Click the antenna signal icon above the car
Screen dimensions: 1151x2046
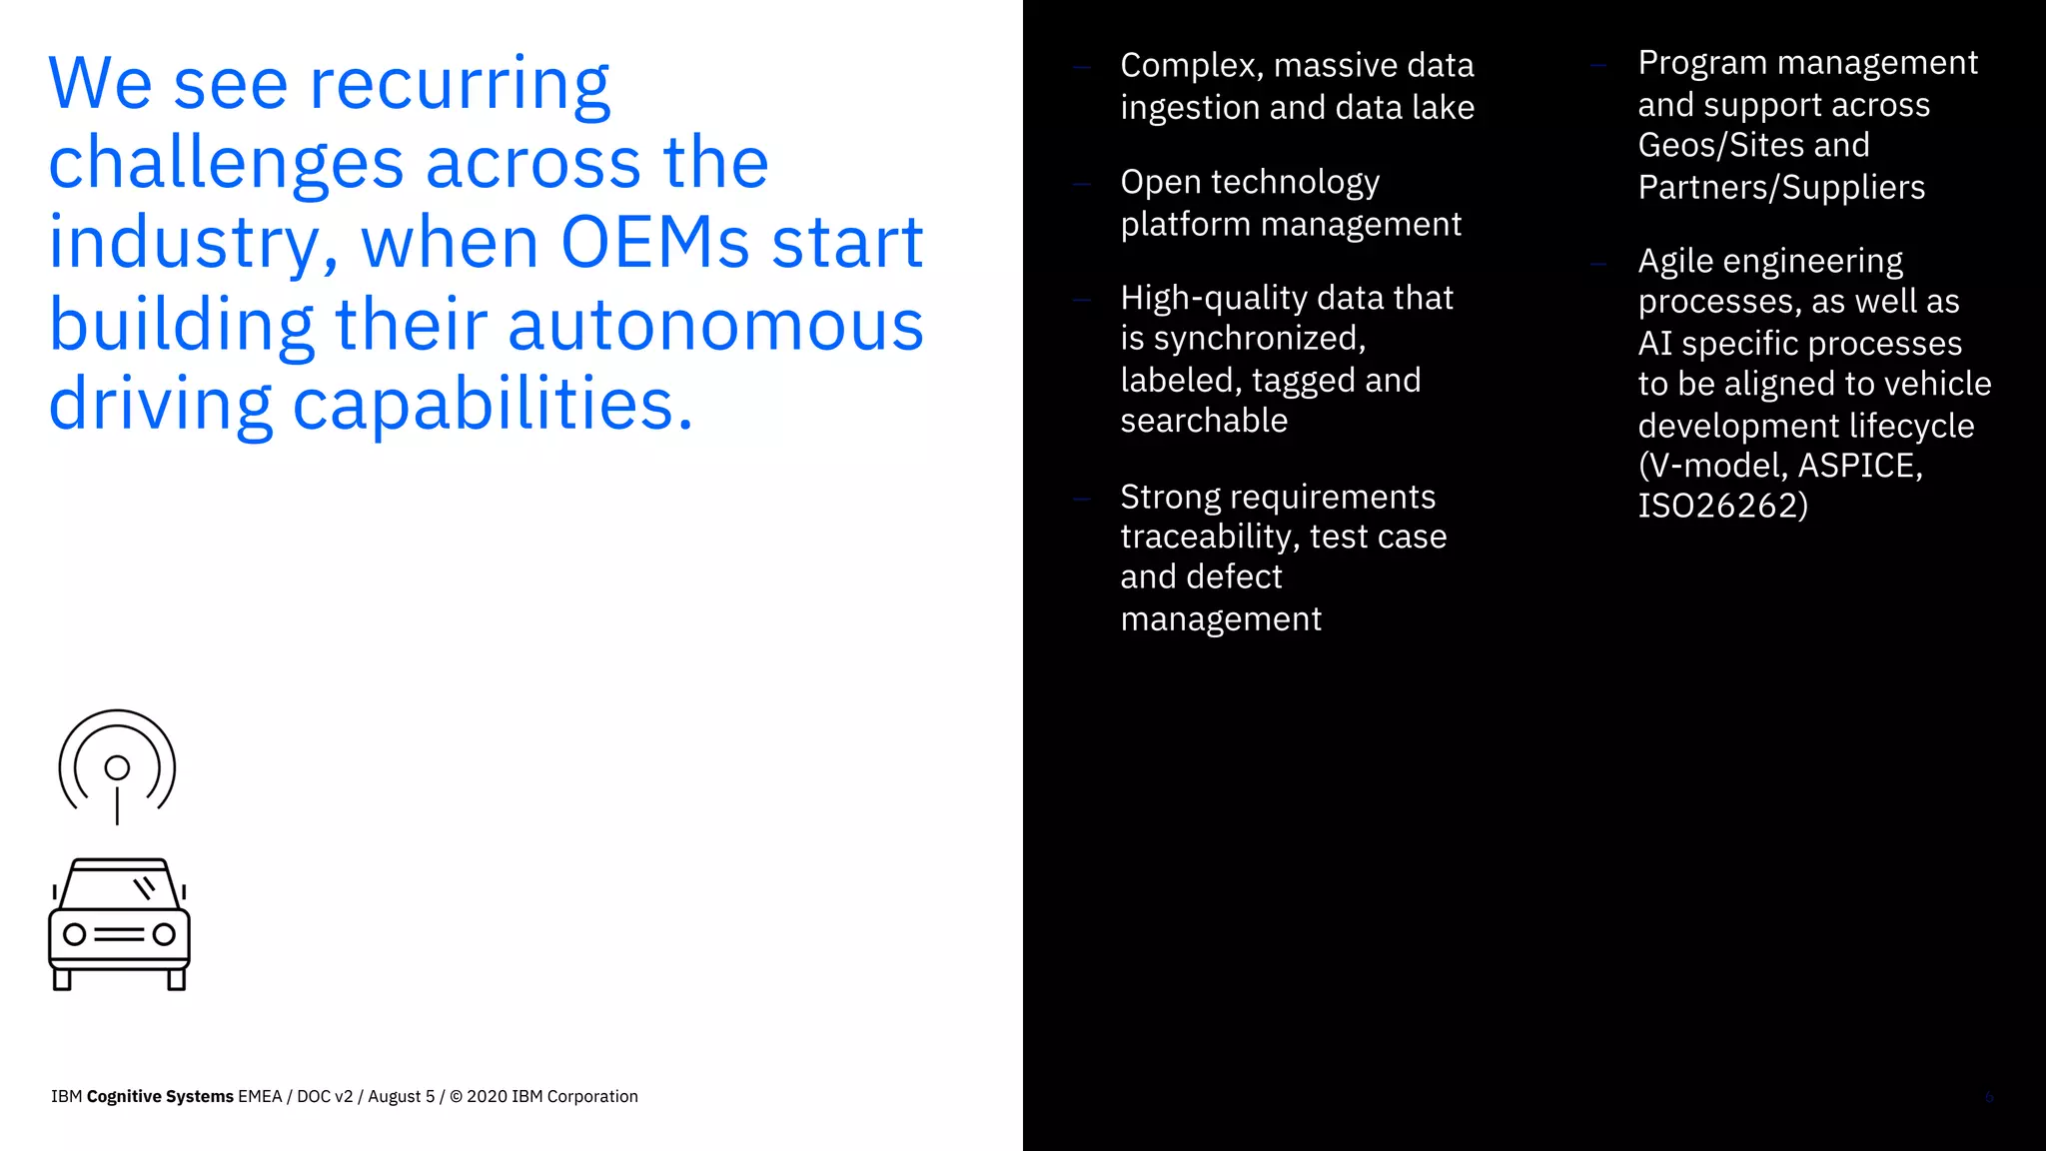[117, 766]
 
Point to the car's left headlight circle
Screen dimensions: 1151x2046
[75, 934]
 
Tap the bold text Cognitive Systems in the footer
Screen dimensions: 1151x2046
[160, 1096]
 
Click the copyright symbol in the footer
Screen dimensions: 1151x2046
[456, 1096]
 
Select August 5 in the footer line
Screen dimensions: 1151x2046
[401, 1096]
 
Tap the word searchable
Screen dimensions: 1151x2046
[1204, 421]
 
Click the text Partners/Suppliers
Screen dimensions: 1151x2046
[1781, 187]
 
